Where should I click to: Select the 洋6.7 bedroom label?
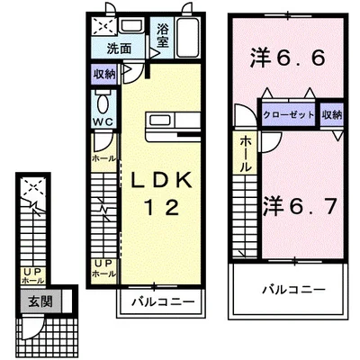pos(301,205)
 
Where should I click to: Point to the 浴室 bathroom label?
pos(163,34)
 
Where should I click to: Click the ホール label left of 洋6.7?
pos(245,154)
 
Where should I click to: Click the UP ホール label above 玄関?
pos(31,275)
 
